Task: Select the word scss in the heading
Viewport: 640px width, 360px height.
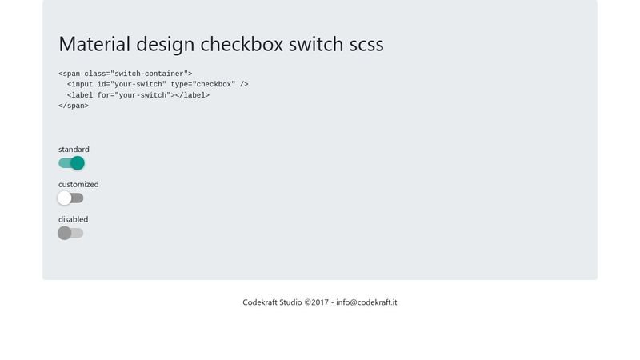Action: [366, 44]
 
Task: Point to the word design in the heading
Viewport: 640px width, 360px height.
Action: [164, 45]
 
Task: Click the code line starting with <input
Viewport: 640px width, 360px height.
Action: [158, 84]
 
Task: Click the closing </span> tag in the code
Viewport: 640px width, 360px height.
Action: [74, 106]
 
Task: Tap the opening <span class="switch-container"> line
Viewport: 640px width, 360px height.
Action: [126, 74]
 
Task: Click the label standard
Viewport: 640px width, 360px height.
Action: [74, 150]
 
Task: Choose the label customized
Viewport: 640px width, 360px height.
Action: [78, 185]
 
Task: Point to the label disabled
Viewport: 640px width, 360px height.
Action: [73, 219]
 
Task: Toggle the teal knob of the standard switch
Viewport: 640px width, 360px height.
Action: [78, 163]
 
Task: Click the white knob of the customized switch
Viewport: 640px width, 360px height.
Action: [64, 198]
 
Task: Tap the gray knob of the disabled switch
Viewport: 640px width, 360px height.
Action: [64, 233]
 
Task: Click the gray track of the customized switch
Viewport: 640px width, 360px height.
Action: [78, 198]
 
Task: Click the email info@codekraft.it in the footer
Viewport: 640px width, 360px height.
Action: [366, 302]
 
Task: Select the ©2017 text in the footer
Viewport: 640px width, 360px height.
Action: [317, 302]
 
